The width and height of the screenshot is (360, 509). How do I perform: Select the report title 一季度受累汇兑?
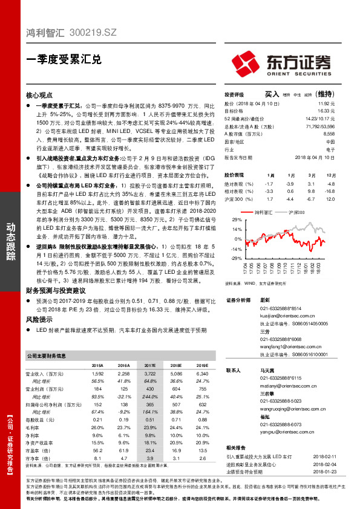(x=60, y=60)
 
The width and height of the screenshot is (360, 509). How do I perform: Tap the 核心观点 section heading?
(x=40, y=96)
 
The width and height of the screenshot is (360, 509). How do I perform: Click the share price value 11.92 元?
(x=327, y=103)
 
